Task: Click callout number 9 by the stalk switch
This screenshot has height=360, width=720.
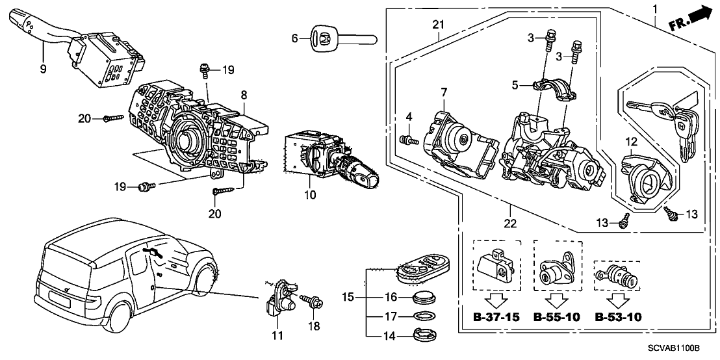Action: point(44,67)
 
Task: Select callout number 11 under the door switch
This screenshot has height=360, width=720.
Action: point(277,335)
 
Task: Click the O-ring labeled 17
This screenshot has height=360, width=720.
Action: point(422,316)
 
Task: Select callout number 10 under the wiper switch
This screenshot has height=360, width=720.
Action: point(310,194)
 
